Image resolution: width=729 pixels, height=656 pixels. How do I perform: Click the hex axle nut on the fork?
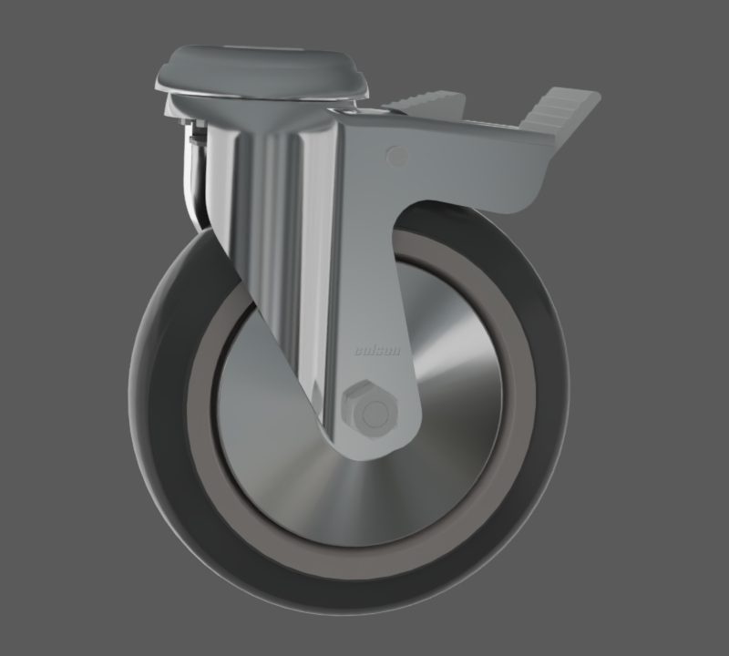pos(372,411)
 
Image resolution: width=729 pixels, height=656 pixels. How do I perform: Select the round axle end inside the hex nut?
pos(372,413)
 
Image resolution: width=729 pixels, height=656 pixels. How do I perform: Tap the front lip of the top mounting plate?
pos(264,92)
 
